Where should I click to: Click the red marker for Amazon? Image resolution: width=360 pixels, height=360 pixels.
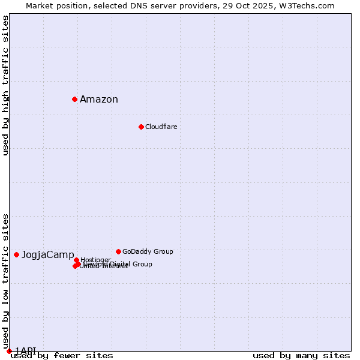click(x=74, y=99)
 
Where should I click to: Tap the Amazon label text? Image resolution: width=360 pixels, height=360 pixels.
click(x=99, y=100)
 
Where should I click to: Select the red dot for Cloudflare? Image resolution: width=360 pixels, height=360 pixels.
click(x=141, y=127)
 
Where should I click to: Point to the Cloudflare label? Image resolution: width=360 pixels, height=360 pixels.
click(x=161, y=127)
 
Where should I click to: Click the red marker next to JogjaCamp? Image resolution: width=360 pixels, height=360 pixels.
click(x=16, y=254)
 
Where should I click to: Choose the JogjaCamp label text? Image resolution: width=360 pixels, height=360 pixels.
click(x=48, y=255)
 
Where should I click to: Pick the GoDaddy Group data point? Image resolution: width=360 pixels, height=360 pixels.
click(x=118, y=251)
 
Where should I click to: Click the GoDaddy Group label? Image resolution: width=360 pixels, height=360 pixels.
click(x=148, y=252)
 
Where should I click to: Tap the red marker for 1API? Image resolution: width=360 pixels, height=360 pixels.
click(x=9, y=351)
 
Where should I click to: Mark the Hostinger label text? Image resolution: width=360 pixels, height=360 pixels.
click(x=95, y=260)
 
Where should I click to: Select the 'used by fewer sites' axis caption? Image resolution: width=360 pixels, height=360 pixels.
click(x=62, y=356)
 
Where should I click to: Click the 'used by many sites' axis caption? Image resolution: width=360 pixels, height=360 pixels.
click(x=301, y=356)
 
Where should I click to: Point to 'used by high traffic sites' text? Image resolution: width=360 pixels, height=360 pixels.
click(x=6, y=85)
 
